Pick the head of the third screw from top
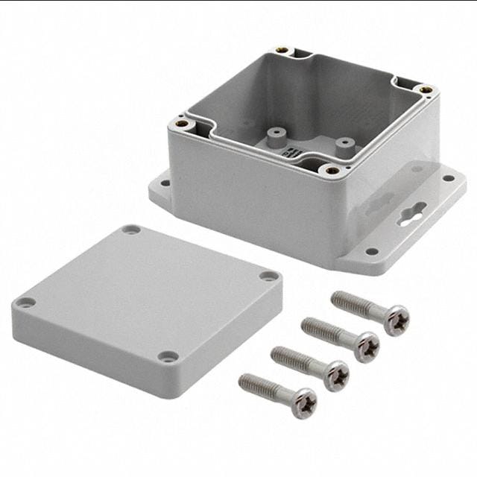[335, 375]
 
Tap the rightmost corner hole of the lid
[268, 276]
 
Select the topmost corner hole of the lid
[131, 230]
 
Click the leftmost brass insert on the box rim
[180, 124]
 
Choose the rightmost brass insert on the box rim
[426, 90]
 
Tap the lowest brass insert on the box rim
[331, 170]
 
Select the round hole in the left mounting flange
[165, 183]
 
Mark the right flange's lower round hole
[370, 251]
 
